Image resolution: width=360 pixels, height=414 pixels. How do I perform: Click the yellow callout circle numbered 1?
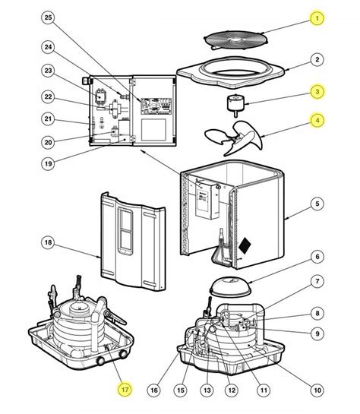pyautogui.click(x=317, y=18)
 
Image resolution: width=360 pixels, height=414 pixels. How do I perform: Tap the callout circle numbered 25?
pyautogui.click(x=48, y=17)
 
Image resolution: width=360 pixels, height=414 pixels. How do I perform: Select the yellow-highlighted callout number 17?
pyautogui.click(x=125, y=390)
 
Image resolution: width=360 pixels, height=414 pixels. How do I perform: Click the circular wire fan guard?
pyautogui.click(x=236, y=40)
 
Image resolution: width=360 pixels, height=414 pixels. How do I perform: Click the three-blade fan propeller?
pyautogui.click(x=235, y=137)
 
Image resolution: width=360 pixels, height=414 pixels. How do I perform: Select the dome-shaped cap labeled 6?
pyautogui.click(x=231, y=286)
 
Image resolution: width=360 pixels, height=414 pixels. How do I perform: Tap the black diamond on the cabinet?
pyautogui.click(x=245, y=245)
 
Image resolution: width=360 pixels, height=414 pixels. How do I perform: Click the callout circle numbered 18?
pyautogui.click(x=48, y=242)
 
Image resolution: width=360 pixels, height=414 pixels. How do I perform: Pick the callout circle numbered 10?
pyautogui.click(x=317, y=390)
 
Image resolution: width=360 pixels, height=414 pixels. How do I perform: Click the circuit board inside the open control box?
pyautogui.click(x=156, y=106)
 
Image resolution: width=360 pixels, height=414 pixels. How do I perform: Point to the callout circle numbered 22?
pyautogui.click(x=48, y=96)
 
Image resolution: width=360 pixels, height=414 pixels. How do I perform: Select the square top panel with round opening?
pyautogui.click(x=231, y=73)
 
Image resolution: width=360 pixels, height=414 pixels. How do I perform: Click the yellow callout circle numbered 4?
pyautogui.click(x=317, y=120)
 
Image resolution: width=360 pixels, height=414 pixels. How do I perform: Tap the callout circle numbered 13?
pyautogui.click(x=207, y=390)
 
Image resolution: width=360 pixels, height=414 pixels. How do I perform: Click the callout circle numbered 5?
pyautogui.click(x=317, y=204)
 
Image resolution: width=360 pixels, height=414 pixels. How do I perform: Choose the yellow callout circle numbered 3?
pyautogui.click(x=317, y=92)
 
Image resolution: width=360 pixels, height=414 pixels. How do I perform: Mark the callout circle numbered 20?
pyautogui.click(x=48, y=142)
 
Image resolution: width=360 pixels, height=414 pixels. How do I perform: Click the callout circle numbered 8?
pyautogui.click(x=317, y=313)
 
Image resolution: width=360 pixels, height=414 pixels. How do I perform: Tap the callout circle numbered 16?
pyautogui.click(x=154, y=390)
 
